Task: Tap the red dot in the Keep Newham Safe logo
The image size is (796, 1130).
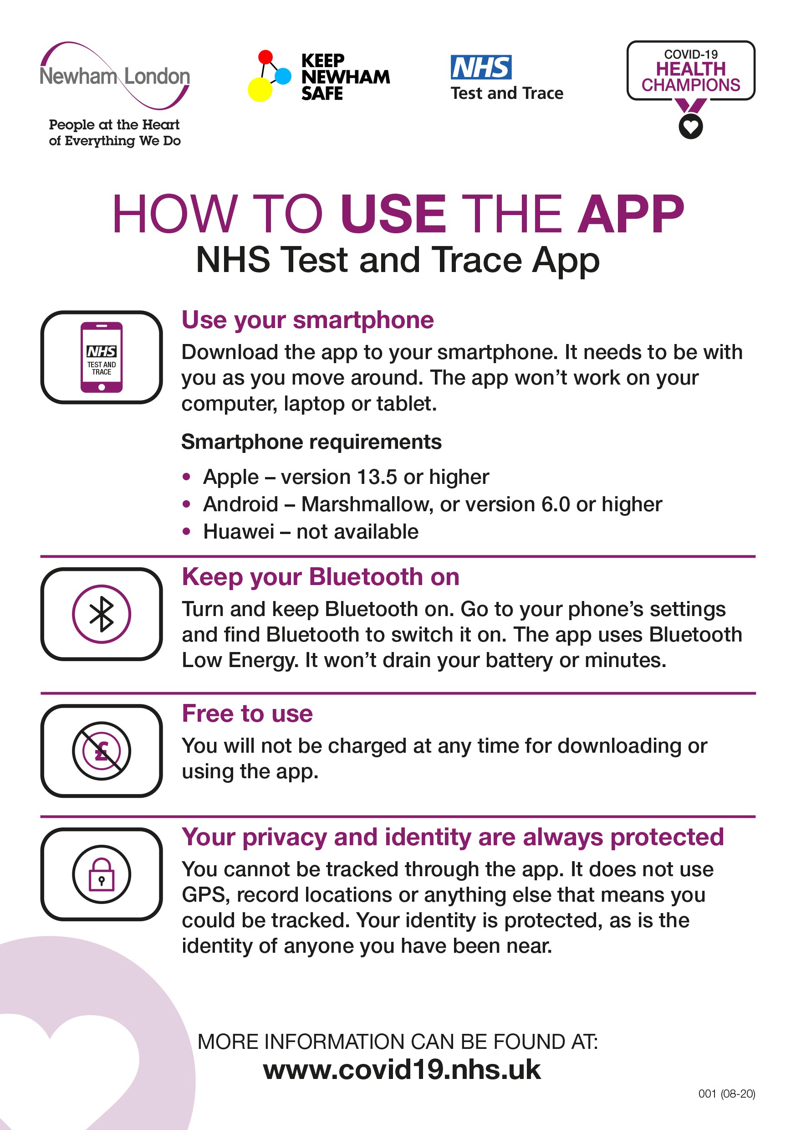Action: click(x=265, y=56)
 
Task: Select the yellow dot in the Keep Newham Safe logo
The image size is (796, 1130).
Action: click(x=260, y=90)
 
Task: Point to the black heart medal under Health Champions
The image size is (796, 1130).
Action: click(x=691, y=127)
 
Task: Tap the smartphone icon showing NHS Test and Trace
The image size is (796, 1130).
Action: click(x=102, y=357)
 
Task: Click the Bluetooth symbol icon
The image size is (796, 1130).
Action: click(x=102, y=614)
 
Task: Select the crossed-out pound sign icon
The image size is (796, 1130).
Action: click(x=102, y=751)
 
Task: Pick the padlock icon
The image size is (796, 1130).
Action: click(x=102, y=874)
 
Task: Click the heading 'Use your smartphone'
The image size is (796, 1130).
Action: click(x=307, y=320)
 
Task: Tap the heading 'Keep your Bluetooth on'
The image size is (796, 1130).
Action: click(x=320, y=577)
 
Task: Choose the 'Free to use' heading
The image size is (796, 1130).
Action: click(x=247, y=714)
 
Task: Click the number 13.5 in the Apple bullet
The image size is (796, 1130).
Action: click(x=377, y=477)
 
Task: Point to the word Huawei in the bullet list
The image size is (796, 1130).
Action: click(x=239, y=532)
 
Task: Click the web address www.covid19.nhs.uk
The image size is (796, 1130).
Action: click(x=402, y=1069)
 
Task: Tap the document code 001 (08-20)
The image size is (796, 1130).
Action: click(x=727, y=1094)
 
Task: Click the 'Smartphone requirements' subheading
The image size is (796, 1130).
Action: click(x=311, y=442)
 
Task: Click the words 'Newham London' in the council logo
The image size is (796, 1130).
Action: click(x=115, y=76)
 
